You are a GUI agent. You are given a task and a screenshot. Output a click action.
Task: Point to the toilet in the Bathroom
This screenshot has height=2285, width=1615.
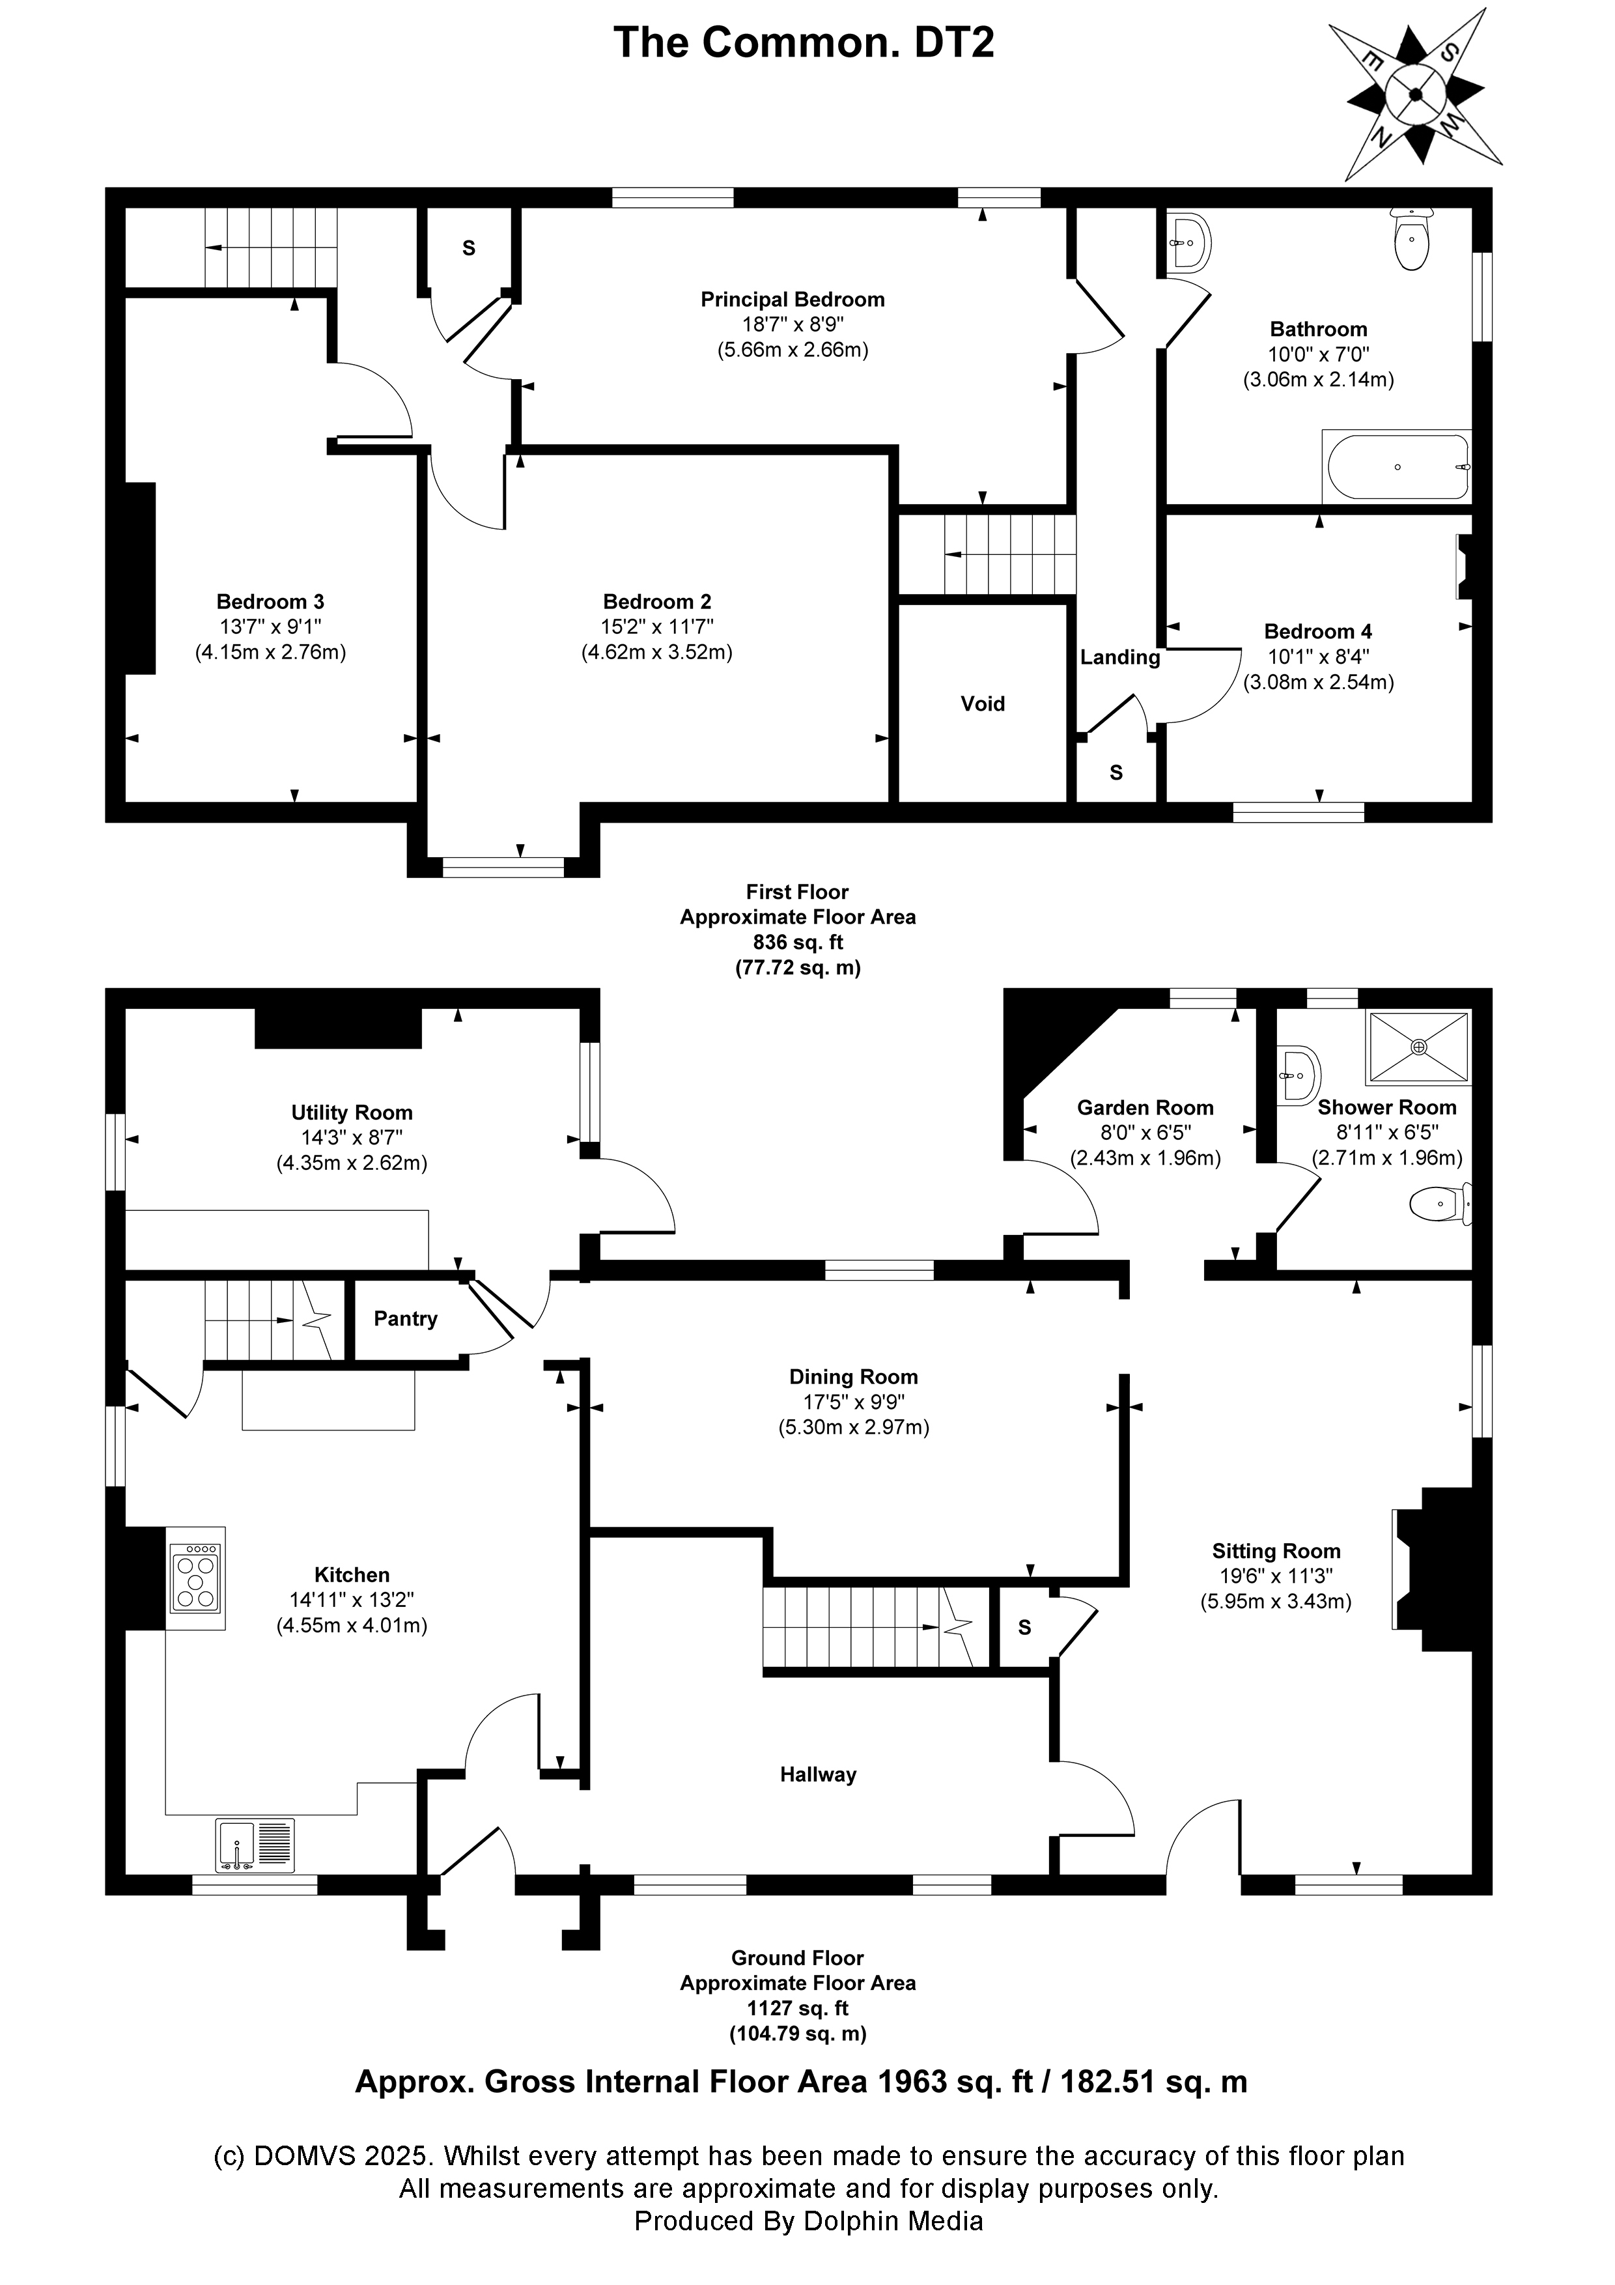tap(1412, 240)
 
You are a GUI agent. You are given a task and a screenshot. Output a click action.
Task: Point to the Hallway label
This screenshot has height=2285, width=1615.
tap(817, 1774)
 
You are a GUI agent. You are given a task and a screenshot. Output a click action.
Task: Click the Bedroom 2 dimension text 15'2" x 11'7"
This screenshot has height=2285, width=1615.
tap(657, 627)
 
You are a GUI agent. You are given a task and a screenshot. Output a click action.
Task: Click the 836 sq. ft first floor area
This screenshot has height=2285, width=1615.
tap(797, 941)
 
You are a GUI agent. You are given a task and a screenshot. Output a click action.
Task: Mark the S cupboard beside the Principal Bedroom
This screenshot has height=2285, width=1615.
tap(469, 249)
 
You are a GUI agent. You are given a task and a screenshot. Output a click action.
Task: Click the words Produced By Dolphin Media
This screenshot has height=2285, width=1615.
tap(808, 2221)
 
